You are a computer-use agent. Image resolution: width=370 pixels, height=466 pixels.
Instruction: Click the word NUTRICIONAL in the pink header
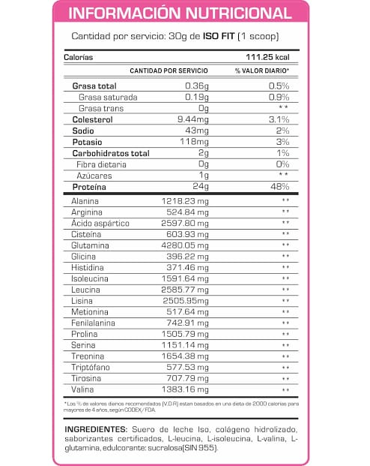click(231, 14)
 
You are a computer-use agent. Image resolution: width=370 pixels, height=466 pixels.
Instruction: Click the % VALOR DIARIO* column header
click(261, 71)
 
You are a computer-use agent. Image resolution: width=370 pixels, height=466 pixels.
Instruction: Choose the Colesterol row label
click(93, 119)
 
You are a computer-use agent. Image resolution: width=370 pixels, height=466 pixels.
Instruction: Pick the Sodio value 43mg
click(198, 131)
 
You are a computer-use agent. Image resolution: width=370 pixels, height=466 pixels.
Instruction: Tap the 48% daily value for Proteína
click(279, 187)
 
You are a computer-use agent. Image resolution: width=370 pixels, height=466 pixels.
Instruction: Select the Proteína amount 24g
click(200, 187)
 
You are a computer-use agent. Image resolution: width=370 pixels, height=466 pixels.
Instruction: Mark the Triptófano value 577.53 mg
click(194, 368)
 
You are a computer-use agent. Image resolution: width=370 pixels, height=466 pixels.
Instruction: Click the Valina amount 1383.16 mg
click(191, 390)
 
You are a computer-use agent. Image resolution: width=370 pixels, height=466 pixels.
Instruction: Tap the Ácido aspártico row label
click(100, 223)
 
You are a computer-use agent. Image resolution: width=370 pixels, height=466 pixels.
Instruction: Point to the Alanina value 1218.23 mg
click(191, 201)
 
